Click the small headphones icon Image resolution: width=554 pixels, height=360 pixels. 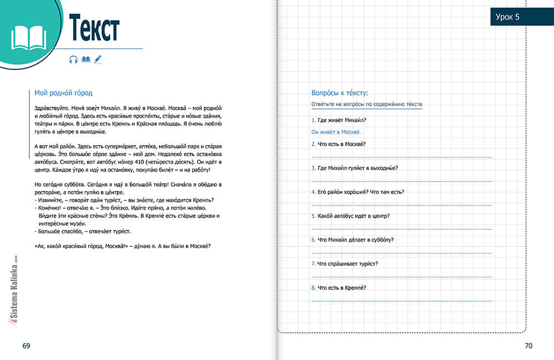coord(73,60)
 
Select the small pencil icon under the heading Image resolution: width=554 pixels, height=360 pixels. coord(98,59)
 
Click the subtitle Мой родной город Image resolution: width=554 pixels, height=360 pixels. coord(63,94)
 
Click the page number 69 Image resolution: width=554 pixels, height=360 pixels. coord(26,346)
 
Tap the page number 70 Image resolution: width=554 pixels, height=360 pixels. coord(528,346)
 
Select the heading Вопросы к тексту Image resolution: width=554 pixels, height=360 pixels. coord(340,93)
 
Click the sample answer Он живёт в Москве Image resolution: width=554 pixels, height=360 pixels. coord(336,132)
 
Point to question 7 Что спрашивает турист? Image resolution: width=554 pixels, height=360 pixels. coord(345,263)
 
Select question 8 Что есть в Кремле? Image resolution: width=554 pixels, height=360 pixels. coord(338,287)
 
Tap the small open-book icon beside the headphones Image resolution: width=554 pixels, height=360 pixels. coord(85,59)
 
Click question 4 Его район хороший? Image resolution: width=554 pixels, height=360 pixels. coord(357,192)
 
